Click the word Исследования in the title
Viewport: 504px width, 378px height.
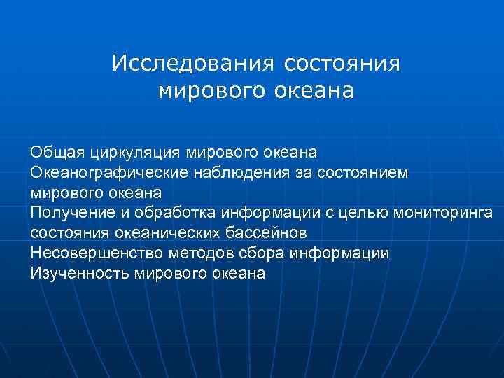(x=191, y=64)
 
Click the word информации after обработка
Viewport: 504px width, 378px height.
(x=269, y=212)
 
